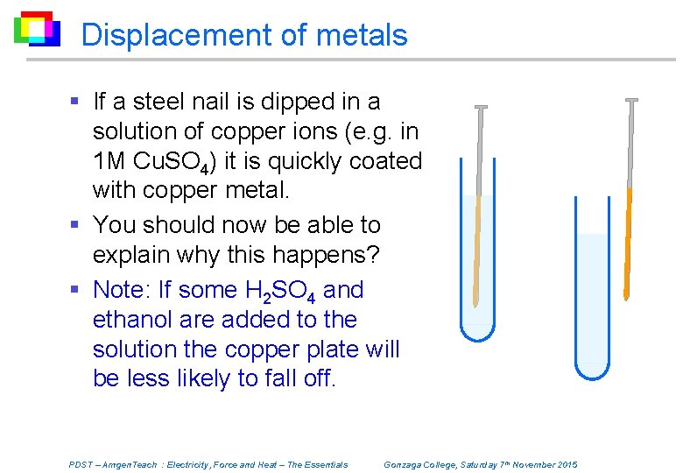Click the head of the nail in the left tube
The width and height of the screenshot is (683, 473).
coord(481,108)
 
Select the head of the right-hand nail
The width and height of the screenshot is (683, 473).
coord(631,101)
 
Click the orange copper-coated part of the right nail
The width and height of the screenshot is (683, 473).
coord(629,236)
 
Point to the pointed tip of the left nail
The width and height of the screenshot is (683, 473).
coord(475,304)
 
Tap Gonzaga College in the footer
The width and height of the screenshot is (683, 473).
coord(421,464)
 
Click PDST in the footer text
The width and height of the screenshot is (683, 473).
coord(80,464)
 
